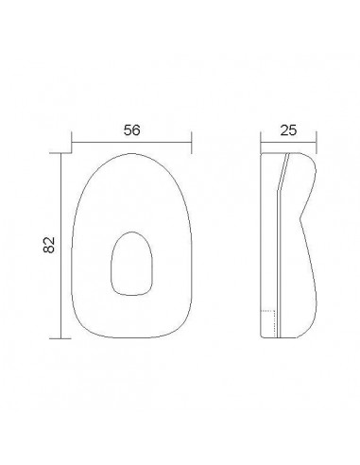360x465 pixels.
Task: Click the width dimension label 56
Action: point(131,130)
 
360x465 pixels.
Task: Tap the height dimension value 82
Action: point(49,245)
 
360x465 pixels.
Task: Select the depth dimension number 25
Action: point(288,130)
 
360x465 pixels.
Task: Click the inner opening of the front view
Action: point(131,264)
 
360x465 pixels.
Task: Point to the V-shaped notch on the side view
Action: point(300,217)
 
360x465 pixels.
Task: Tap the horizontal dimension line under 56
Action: point(131,143)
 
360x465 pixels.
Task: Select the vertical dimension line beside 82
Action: point(60,246)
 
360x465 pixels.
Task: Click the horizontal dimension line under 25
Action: point(288,143)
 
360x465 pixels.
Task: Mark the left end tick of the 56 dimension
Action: point(72,143)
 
